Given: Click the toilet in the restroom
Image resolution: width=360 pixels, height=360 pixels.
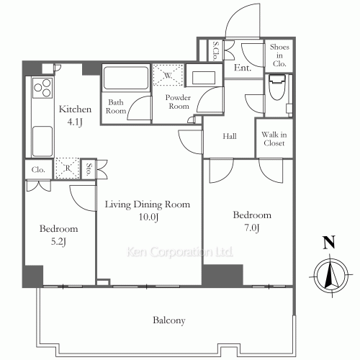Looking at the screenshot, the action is point(277,87).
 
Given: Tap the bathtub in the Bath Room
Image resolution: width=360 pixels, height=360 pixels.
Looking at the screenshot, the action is point(126,78).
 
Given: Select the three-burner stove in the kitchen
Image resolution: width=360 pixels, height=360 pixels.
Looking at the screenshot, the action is point(42,88).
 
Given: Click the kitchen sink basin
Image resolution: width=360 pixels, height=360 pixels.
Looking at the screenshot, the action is point(42,142).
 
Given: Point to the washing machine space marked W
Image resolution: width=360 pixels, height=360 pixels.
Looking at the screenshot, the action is point(168,75).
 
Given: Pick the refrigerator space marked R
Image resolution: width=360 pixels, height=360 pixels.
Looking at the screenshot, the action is point(68,168).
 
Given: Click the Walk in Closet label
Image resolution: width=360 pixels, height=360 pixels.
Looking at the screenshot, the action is point(274,139).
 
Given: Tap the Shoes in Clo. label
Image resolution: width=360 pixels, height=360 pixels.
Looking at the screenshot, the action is point(279,55).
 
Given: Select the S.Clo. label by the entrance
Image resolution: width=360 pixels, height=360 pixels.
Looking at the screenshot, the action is point(216,50).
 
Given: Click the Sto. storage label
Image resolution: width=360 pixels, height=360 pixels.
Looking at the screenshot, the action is point(89,169).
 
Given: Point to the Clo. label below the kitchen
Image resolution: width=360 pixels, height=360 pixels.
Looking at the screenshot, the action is point(38,170).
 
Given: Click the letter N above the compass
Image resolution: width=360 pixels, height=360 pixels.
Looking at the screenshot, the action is point(329,243).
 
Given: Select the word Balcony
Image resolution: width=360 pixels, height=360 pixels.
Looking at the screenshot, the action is point(169,320).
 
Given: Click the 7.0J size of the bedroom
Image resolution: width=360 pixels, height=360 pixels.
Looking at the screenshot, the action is point(252,228).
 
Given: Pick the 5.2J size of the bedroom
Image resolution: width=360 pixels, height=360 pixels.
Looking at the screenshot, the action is point(58,241).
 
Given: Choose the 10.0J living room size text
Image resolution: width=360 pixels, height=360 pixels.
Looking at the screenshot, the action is point(148,217).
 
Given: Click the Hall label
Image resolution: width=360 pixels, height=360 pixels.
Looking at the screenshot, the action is point(230,136).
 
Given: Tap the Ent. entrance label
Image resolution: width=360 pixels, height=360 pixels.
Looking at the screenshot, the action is point(243,68).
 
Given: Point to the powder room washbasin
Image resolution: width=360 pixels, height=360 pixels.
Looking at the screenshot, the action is point(204,78).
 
